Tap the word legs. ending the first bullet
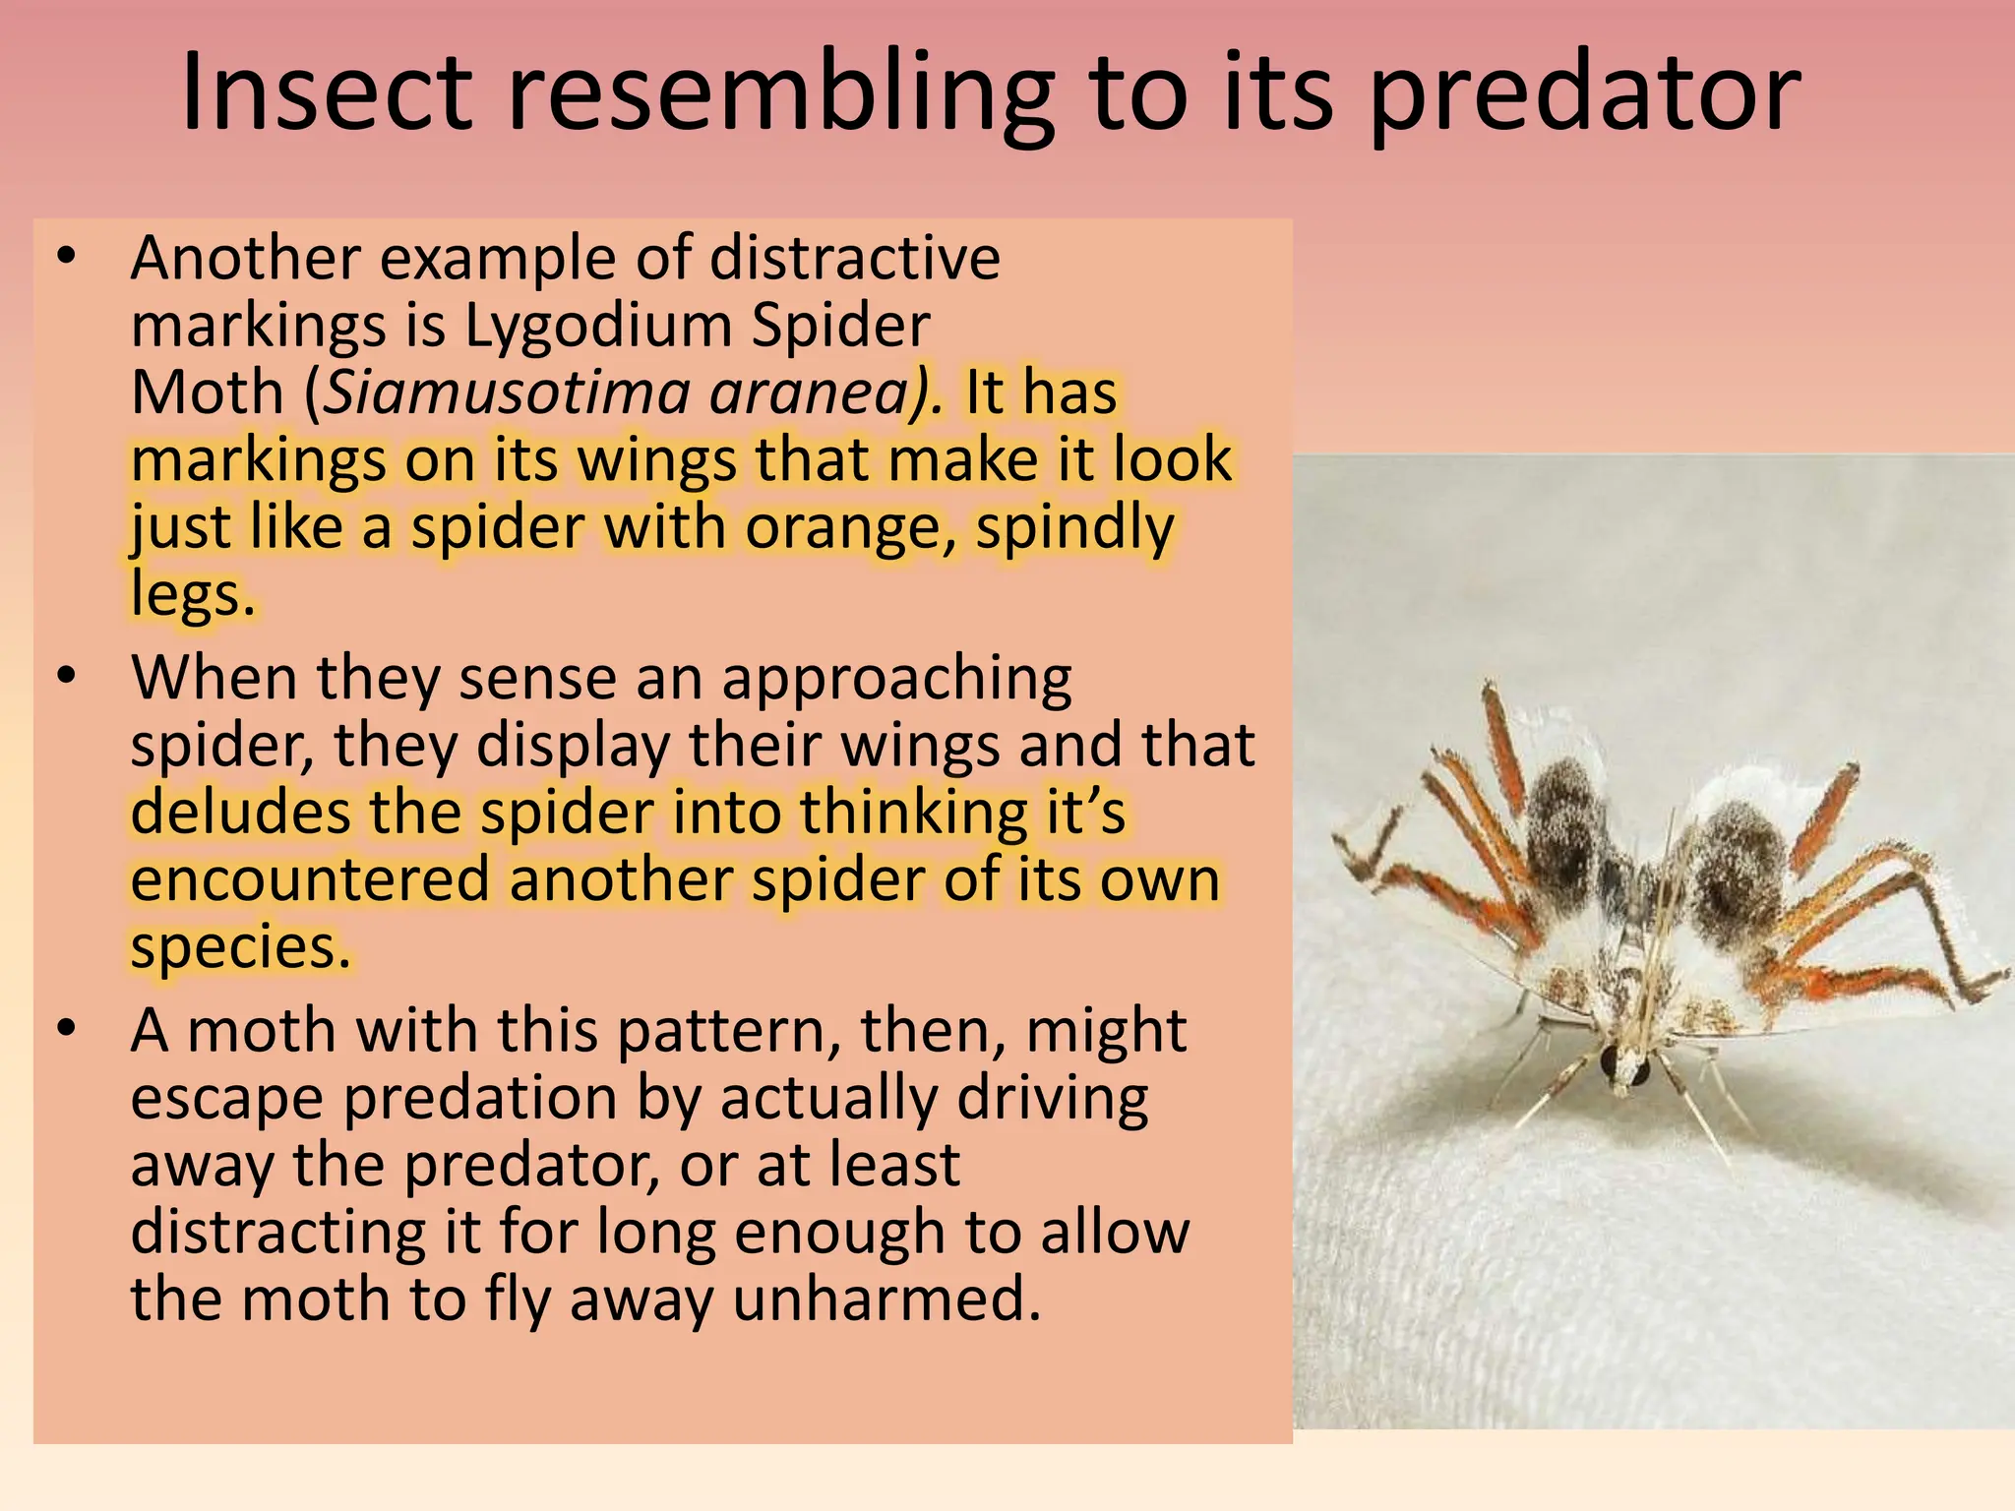tap(193, 594)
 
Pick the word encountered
tap(309, 879)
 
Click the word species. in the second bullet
tap(240, 946)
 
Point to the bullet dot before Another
tap(66, 258)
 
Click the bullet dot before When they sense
tap(66, 678)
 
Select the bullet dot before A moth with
tap(66, 1030)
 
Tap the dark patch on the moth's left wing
tap(1564, 826)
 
